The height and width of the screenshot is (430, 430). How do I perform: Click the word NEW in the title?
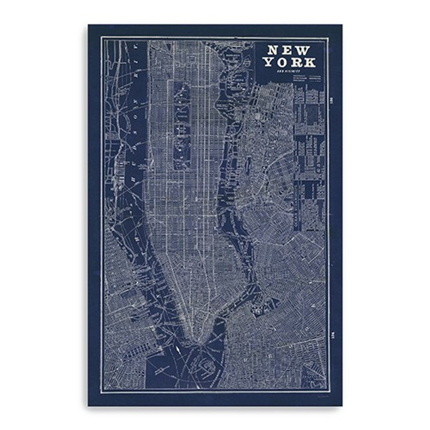click(x=290, y=50)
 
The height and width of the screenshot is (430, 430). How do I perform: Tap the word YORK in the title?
click(x=289, y=62)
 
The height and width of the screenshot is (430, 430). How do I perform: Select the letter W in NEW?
click(x=307, y=50)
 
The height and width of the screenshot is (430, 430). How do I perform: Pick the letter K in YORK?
click(x=310, y=62)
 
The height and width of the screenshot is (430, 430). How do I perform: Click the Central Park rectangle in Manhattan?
click(x=181, y=125)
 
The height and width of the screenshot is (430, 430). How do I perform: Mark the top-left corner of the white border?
click(x=101, y=38)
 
